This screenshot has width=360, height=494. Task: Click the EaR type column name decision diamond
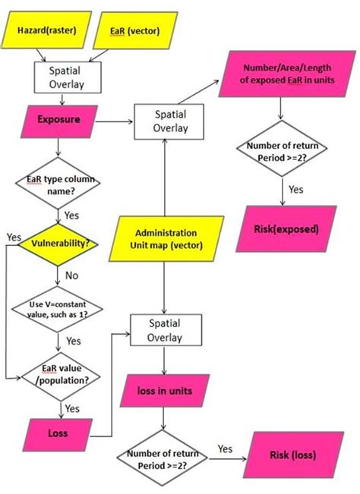coord(49,184)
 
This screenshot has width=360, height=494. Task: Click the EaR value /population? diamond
coord(50,373)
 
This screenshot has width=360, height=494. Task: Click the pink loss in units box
coord(164,392)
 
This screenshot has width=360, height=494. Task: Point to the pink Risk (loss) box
coord(289,455)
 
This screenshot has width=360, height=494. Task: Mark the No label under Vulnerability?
coord(71,275)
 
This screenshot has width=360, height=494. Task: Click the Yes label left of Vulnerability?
coord(13,238)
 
